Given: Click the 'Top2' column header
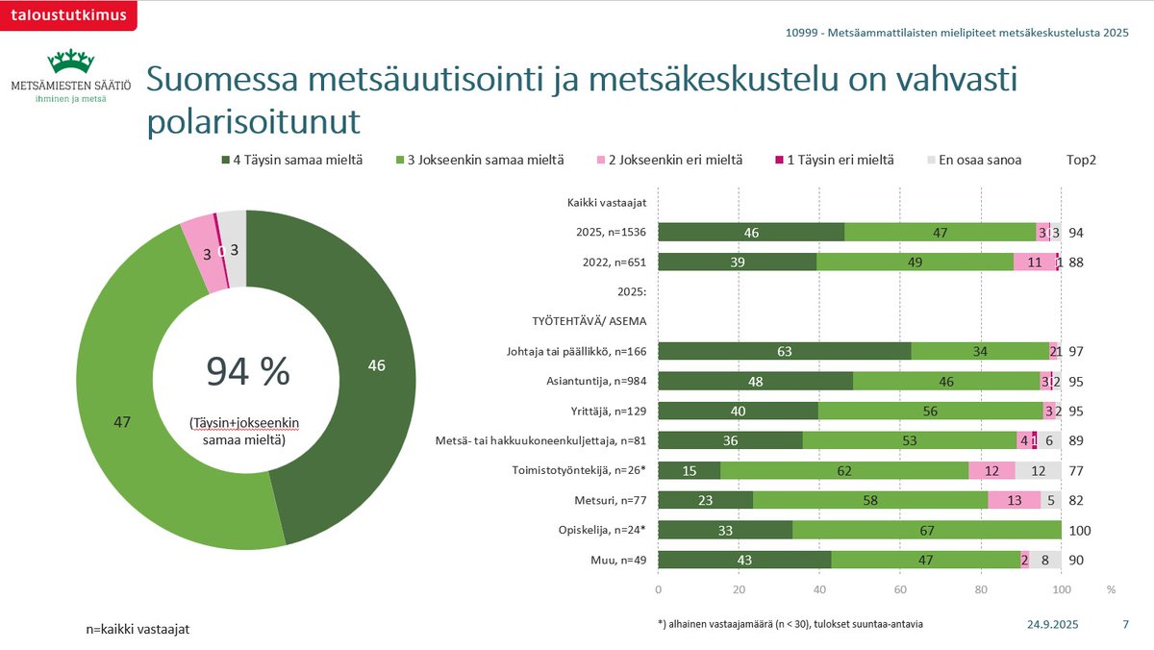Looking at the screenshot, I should [x=1081, y=160].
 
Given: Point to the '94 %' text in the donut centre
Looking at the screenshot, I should [x=247, y=371].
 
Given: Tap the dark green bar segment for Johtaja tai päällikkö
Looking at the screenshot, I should [x=784, y=352].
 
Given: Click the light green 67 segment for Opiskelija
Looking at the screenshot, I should [x=926, y=531].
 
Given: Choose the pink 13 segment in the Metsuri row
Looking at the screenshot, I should [x=1014, y=501].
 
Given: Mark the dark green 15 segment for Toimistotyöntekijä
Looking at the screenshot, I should [x=689, y=471].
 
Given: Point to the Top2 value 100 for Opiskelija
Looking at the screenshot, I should [x=1081, y=531].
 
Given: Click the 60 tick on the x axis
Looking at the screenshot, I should [x=900, y=587].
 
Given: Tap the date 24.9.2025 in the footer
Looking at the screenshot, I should [x=1053, y=624].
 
